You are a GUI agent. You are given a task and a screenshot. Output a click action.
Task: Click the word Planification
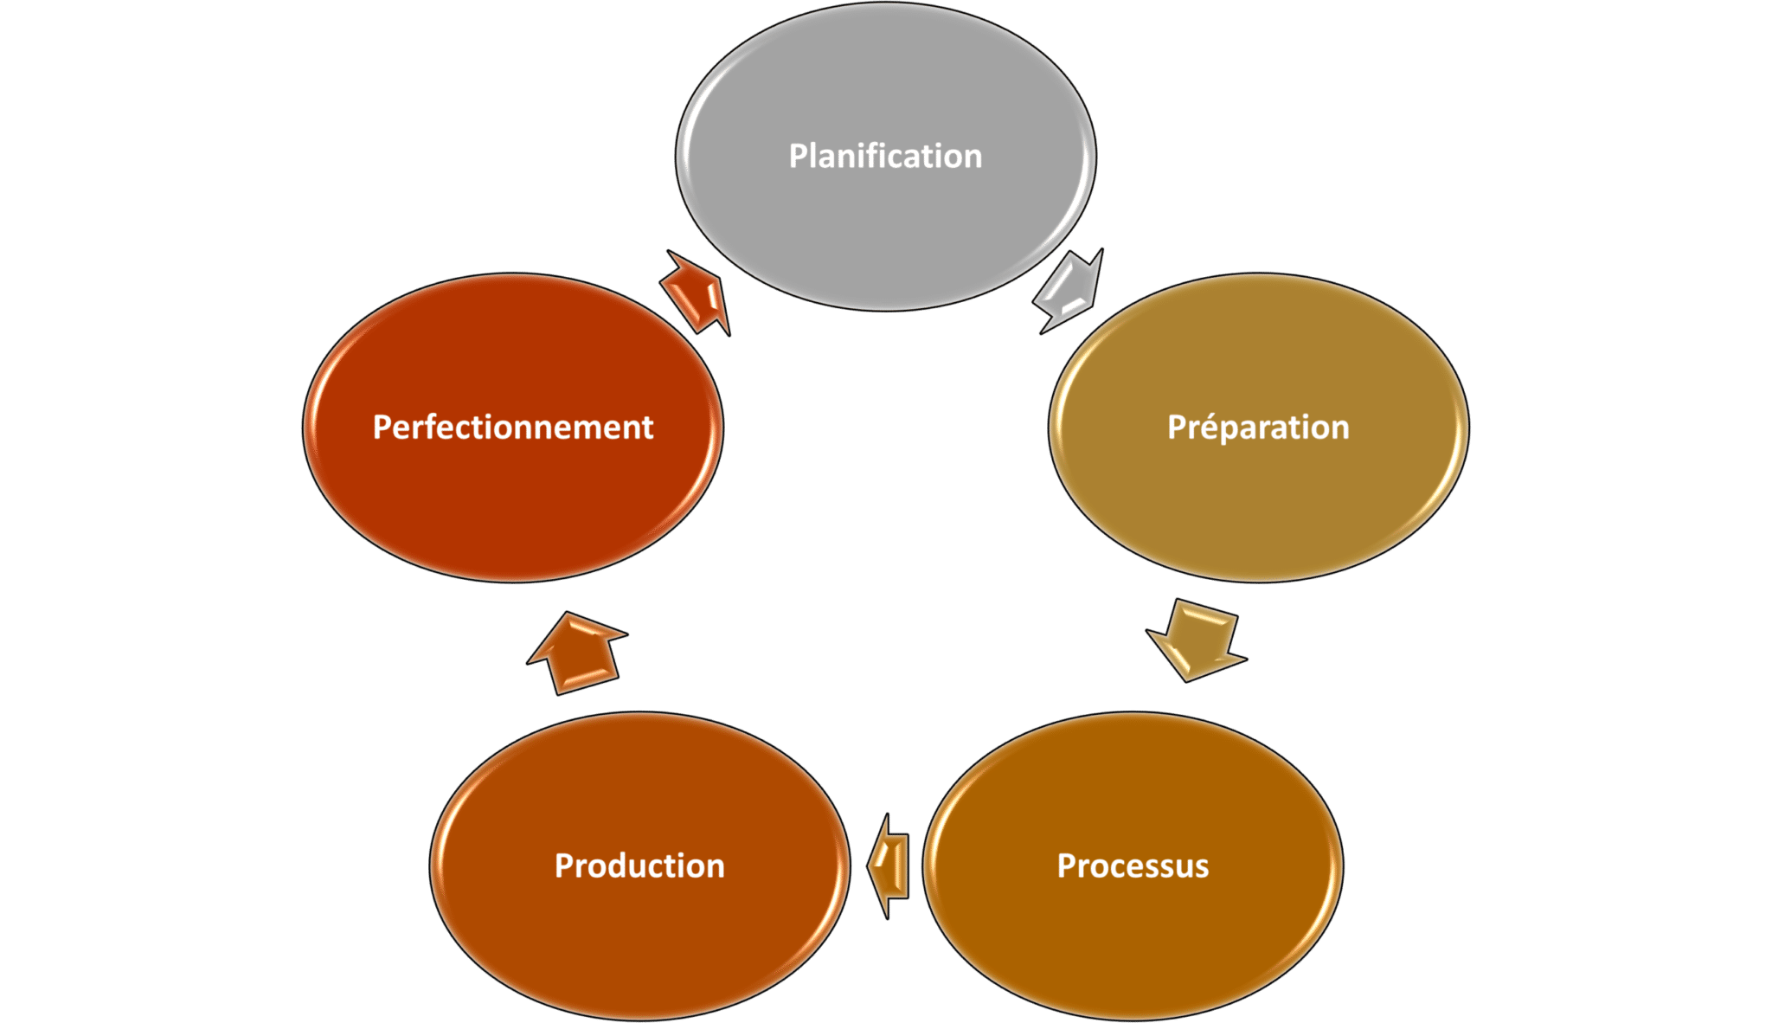[885, 157]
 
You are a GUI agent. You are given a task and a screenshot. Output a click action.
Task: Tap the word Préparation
[1258, 428]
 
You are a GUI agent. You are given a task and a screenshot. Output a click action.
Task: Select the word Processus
[1133, 865]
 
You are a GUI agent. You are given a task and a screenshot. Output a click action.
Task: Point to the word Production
[639, 865]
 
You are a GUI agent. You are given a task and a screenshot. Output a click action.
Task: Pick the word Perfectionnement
[513, 428]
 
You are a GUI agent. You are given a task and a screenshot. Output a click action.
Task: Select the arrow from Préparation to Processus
[1197, 640]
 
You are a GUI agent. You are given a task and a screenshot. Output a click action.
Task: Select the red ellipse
[513, 502]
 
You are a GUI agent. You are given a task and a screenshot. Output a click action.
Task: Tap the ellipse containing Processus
[1133, 943]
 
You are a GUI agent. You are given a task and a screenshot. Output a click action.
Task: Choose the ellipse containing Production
[639, 943]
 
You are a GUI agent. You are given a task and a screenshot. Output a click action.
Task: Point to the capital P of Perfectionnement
[382, 428]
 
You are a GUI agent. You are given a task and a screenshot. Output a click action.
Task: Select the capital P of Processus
[1067, 865]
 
